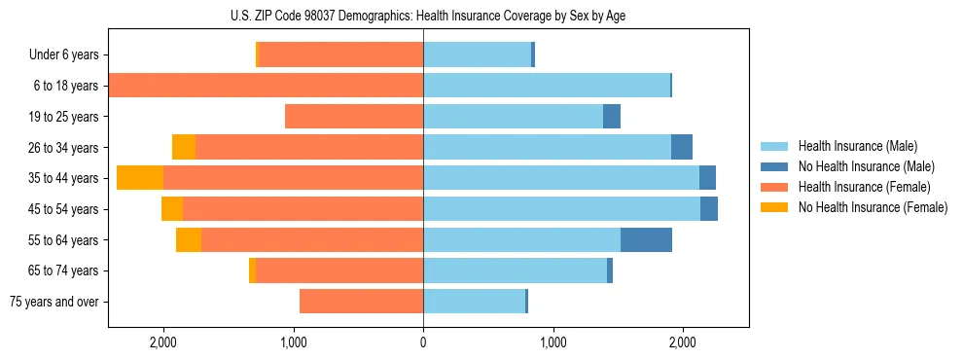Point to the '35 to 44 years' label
63,178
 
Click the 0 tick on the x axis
423,342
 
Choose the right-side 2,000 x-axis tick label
683,342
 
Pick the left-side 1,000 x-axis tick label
293,342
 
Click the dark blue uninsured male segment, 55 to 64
646,239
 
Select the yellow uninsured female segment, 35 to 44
140,178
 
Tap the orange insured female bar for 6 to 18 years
266,86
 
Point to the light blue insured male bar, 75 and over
474,302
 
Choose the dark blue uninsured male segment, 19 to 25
612,117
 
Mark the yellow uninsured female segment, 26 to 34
184,147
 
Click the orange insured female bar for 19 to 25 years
354,117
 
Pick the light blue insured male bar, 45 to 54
561,209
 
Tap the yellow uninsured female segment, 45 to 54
172,209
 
